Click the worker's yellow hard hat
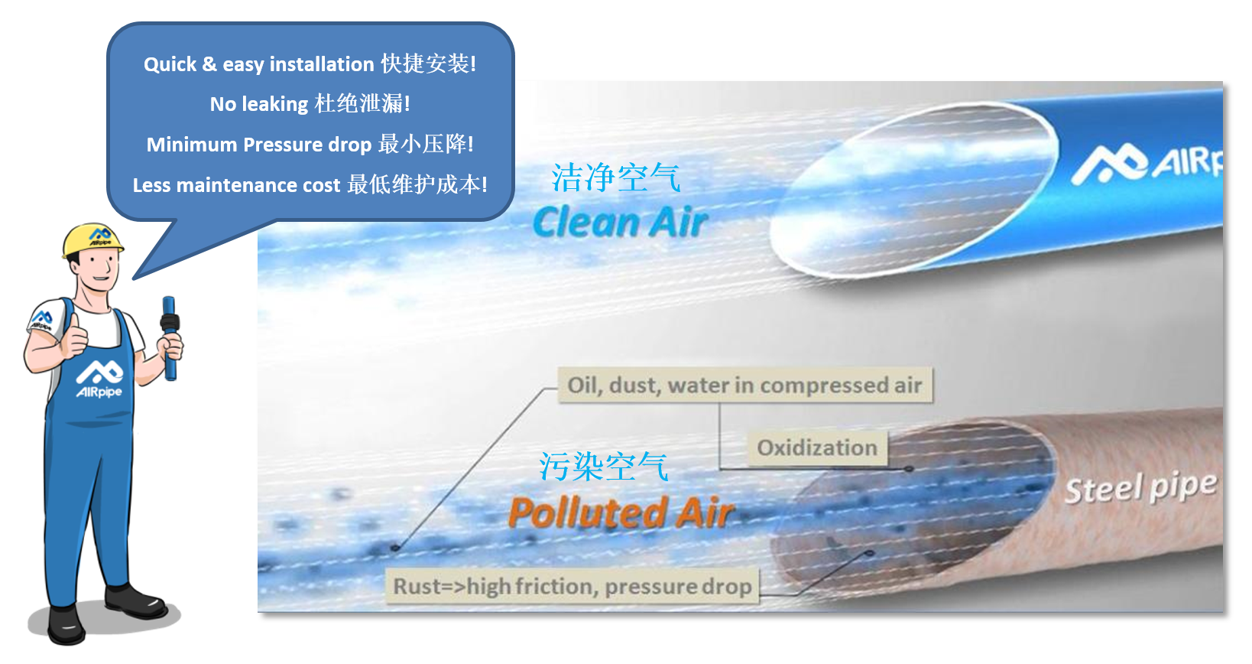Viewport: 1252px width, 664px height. (92, 240)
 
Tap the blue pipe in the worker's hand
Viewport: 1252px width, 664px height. (170, 338)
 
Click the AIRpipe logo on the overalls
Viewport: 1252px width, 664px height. (99, 379)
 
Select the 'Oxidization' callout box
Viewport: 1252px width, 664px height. (817, 448)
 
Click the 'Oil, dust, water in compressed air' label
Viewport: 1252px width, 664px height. (745, 385)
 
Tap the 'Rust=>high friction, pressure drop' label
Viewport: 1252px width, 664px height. (572, 586)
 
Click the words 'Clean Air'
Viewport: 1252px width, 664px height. (621, 222)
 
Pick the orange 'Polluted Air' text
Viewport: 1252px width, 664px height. (621, 513)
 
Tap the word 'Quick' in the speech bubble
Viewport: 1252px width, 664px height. (170, 64)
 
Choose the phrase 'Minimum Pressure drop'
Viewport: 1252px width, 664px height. (259, 145)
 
